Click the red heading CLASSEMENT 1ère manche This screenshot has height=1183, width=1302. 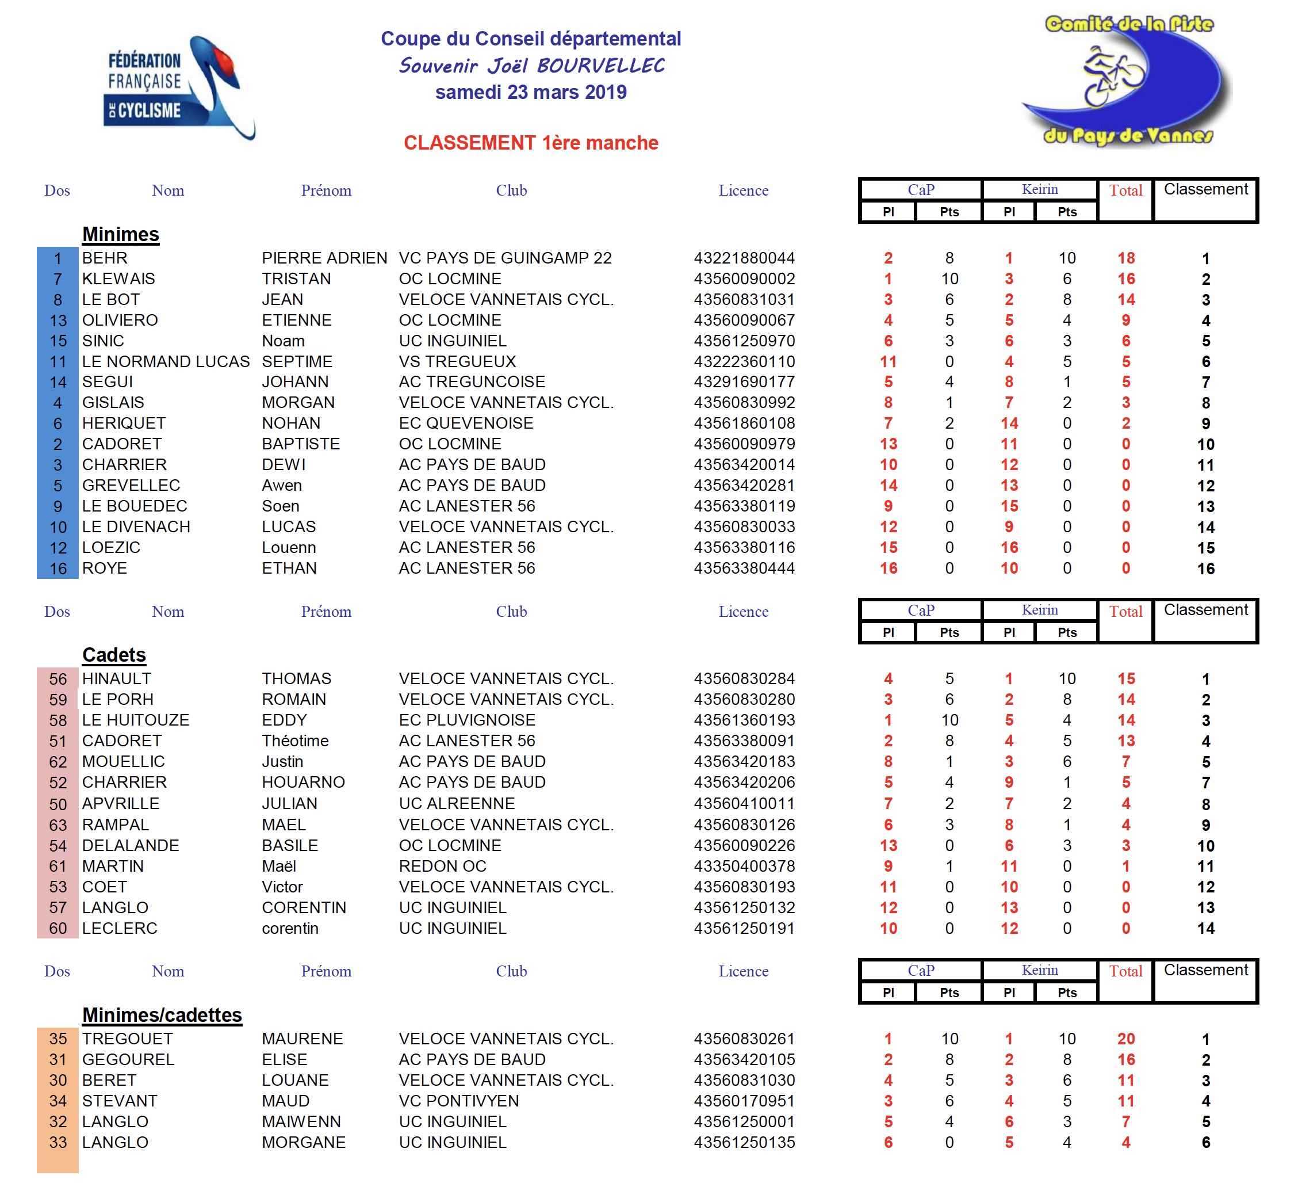coord(531,143)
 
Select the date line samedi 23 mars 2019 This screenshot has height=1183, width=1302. coord(531,93)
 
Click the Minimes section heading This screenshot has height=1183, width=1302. coord(121,235)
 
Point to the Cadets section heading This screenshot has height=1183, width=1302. coord(114,655)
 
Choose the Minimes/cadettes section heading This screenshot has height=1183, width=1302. coord(162,1015)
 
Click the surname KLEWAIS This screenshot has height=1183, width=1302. coord(119,279)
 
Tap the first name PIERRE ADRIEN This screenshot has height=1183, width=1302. coord(325,258)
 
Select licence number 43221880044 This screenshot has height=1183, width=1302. coord(744,258)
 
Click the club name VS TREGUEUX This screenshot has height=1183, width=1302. coord(457,362)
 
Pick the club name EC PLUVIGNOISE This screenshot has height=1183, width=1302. coord(467,720)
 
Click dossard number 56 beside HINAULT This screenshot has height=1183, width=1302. coord(58,679)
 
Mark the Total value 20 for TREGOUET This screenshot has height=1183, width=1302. coord(1125,1039)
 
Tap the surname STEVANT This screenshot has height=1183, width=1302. coord(120,1101)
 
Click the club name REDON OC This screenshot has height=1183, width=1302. coord(442,867)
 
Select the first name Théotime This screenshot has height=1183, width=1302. coord(295,741)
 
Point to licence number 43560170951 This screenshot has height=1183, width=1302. coord(744,1101)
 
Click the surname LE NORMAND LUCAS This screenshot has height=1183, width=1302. coord(166,362)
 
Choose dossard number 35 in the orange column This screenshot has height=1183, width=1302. coord(58,1039)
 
